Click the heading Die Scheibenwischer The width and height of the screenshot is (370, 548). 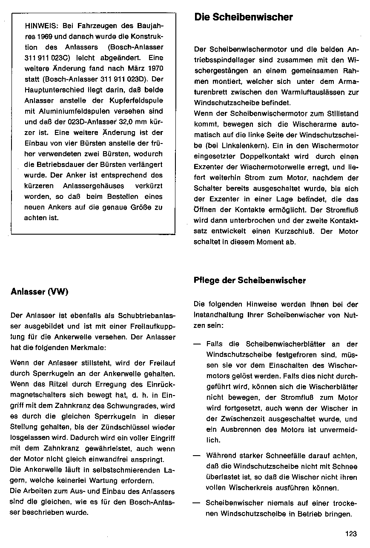tap(244, 17)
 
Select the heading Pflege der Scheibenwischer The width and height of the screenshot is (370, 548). tap(250, 281)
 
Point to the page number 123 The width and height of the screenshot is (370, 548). tap(351, 534)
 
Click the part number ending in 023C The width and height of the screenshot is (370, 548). tap(44, 58)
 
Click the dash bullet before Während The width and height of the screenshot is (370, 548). tap(197, 456)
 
